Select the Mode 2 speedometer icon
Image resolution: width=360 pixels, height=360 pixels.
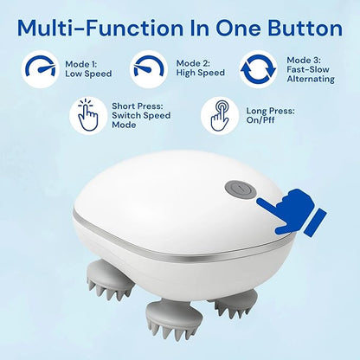point(151,68)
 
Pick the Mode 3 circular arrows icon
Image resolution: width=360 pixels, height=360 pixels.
point(259,68)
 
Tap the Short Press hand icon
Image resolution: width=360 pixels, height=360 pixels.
point(87,114)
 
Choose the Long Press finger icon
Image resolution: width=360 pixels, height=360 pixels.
point(220,114)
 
